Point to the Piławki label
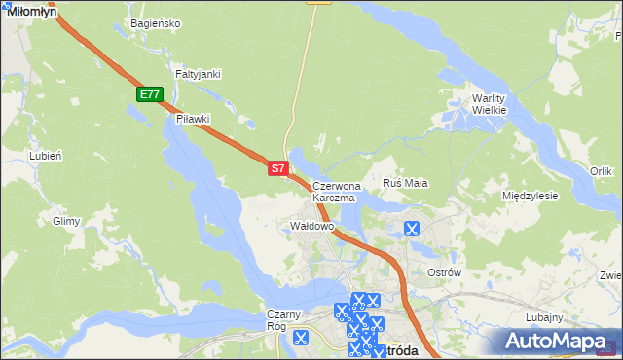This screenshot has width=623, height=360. [193, 119]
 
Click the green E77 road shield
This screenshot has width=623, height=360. [149, 94]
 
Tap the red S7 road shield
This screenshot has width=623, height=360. [277, 168]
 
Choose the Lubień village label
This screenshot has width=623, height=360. [46, 156]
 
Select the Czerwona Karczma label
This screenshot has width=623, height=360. [337, 191]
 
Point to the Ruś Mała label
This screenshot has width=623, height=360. [406, 183]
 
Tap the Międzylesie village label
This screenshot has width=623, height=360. [530, 196]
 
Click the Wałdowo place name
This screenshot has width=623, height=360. [312, 226]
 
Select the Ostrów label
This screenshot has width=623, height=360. [444, 272]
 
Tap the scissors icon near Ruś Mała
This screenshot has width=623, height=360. [411, 230]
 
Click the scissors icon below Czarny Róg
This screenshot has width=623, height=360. [300, 339]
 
